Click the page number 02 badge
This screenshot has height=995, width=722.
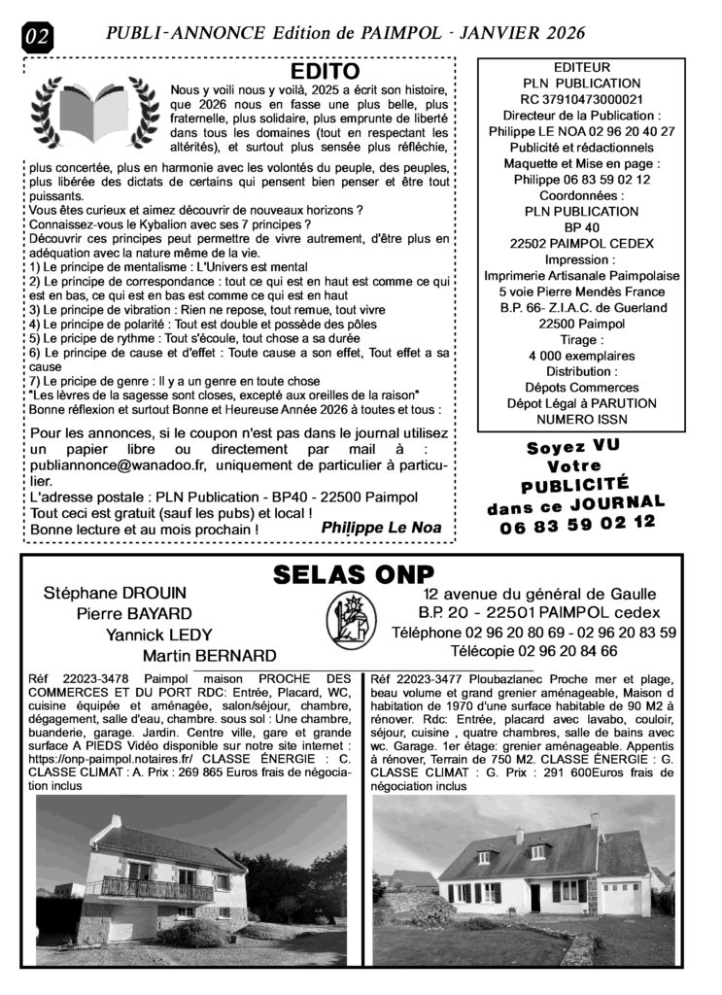coord(38,38)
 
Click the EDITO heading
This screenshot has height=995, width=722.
coord(326,72)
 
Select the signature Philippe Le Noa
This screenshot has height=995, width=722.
coord(381,528)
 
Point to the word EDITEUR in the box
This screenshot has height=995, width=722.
coord(581,67)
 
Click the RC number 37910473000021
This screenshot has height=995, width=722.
coord(581,99)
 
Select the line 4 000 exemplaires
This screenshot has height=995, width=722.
coord(581,356)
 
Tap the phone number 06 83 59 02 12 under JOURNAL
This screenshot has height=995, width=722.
coord(578,523)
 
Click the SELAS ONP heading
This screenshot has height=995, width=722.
coord(353,574)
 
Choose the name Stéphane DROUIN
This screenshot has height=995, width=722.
coord(115,593)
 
